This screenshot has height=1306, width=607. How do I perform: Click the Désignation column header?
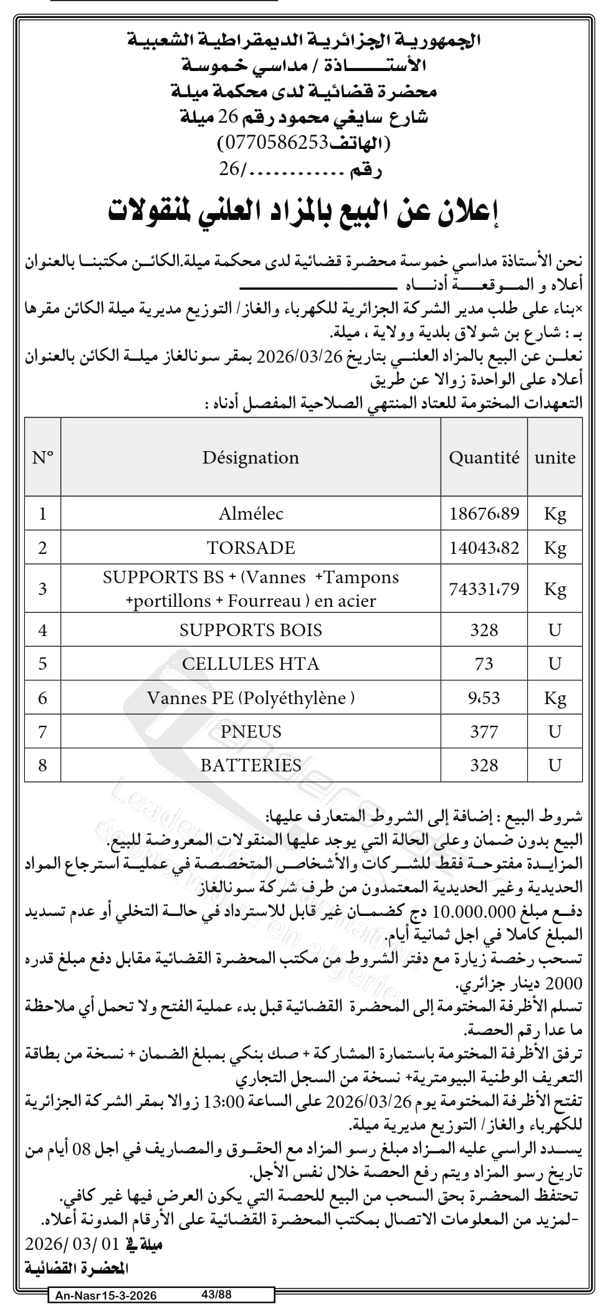251,458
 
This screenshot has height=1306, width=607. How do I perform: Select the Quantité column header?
484,458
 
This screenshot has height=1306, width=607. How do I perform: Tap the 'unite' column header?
555,458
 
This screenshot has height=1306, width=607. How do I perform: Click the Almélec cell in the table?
251,513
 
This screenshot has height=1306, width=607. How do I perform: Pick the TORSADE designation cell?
251,548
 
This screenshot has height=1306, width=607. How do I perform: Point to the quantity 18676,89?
484,513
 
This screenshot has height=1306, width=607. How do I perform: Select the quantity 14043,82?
484,548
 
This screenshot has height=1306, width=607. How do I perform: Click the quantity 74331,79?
484,589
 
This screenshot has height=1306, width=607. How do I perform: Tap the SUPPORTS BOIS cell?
251,630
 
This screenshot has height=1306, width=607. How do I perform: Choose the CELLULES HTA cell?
251,664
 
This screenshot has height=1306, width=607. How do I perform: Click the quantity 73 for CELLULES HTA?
484,664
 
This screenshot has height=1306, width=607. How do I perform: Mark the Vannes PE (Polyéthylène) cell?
251,697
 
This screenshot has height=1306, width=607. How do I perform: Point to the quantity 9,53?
484,697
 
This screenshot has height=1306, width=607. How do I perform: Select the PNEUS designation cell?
251,731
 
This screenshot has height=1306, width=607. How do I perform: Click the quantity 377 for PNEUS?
484,731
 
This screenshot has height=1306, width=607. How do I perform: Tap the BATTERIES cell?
251,765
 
